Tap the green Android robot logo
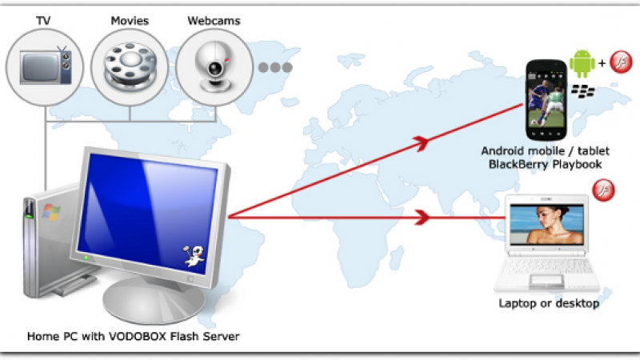click(582, 62)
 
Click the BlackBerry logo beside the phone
click(582, 91)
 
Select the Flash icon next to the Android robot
click(622, 61)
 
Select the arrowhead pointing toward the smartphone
click(422, 142)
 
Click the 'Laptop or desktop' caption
click(549, 303)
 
